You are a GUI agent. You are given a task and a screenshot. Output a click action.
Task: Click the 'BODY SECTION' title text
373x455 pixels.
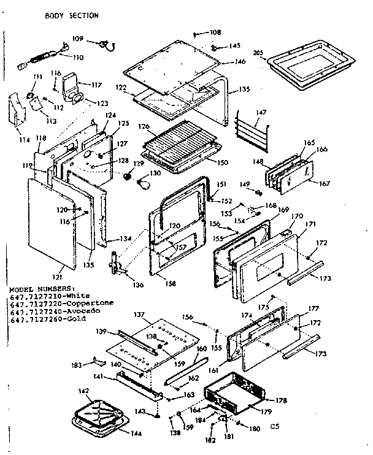pyautogui.click(x=71, y=15)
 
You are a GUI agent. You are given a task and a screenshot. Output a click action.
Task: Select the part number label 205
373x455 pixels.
pyautogui.click(x=258, y=53)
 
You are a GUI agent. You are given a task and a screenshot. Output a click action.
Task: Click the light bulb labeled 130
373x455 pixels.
pyautogui.click(x=142, y=182)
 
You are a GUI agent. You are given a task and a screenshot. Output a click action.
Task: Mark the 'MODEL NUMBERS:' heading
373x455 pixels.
pyautogui.click(x=41, y=288)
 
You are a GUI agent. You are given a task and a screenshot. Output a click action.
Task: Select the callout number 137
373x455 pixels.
pyautogui.click(x=139, y=314)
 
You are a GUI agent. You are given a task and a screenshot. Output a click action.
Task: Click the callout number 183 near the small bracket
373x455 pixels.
pyautogui.click(x=76, y=366)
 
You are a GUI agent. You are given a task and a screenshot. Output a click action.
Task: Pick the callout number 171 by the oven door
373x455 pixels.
pyautogui.click(x=311, y=224)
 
